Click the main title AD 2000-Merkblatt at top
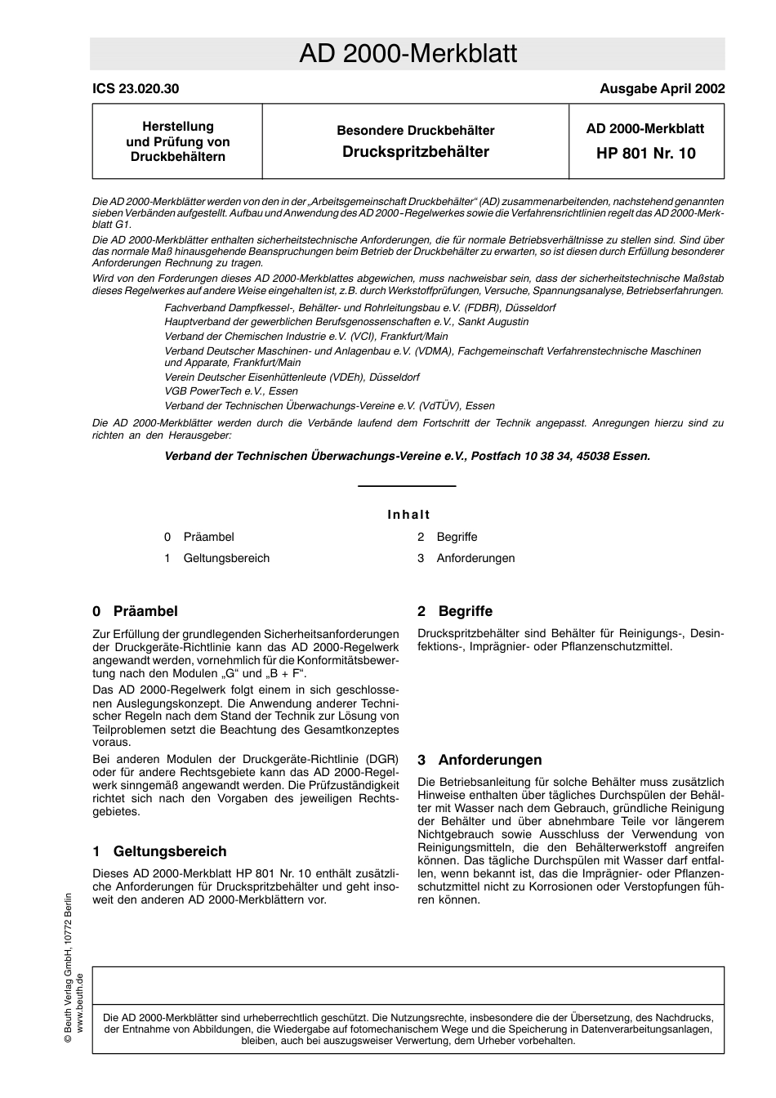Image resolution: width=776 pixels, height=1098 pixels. pyautogui.click(x=408, y=54)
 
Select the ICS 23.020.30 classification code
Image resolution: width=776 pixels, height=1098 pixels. pyautogui.click(x=136, y=89)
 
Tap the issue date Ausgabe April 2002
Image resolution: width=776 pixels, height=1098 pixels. pyautogui.click(x=662, y=89)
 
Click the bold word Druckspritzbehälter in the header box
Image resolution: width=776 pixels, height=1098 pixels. pyautogui.click(x=415, y=152)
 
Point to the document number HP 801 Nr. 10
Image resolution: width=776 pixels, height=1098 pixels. pyautogui.click(x=646, y=153)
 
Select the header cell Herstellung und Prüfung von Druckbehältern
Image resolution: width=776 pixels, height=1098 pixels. pyautogui.click(x=177, y=141)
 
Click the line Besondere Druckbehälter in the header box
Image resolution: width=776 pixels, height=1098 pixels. pyautogui.click(x=415, y=131)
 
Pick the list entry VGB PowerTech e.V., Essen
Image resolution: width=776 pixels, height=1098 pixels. pyautogui.click(x=231, y=391)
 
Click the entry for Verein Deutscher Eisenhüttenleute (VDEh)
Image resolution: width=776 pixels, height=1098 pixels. pyautogui.click(x=292, y=377)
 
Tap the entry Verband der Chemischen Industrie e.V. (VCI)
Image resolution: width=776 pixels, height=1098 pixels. pyautogui.click(x=305, y=336)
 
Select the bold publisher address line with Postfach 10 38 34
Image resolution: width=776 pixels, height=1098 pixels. pyautogui.click(x=408, y=456)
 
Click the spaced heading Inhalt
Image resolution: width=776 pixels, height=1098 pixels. pyautogui.click(x=408, y=515)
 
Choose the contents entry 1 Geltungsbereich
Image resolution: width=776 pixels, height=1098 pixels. pyautogui.click(x=217, y=558)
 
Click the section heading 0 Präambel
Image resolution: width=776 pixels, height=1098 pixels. pyautogui.click(x=135, y=611)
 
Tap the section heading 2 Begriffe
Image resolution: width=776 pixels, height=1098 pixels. pyautogui.click(x=455, y=611)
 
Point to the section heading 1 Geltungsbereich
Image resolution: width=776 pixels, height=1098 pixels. pyautogui.click(x=159, y=851)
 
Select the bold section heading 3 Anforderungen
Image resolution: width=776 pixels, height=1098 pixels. pyautogui.click(x=479, y=760)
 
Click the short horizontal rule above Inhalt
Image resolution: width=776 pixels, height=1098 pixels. pyautogui.click(x=407, y=486)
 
